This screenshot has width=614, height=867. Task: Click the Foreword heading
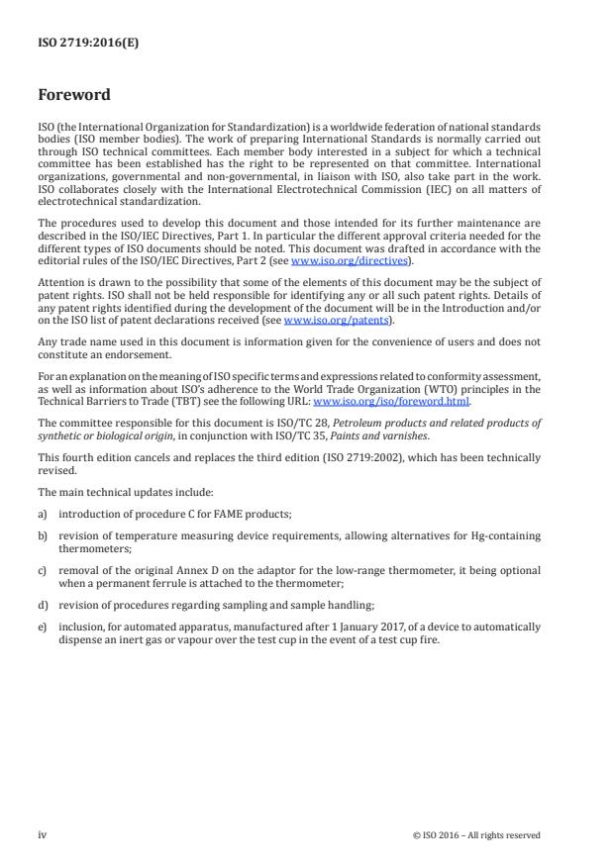74,96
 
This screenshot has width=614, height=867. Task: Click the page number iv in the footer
42,834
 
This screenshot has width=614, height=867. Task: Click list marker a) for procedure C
43,515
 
